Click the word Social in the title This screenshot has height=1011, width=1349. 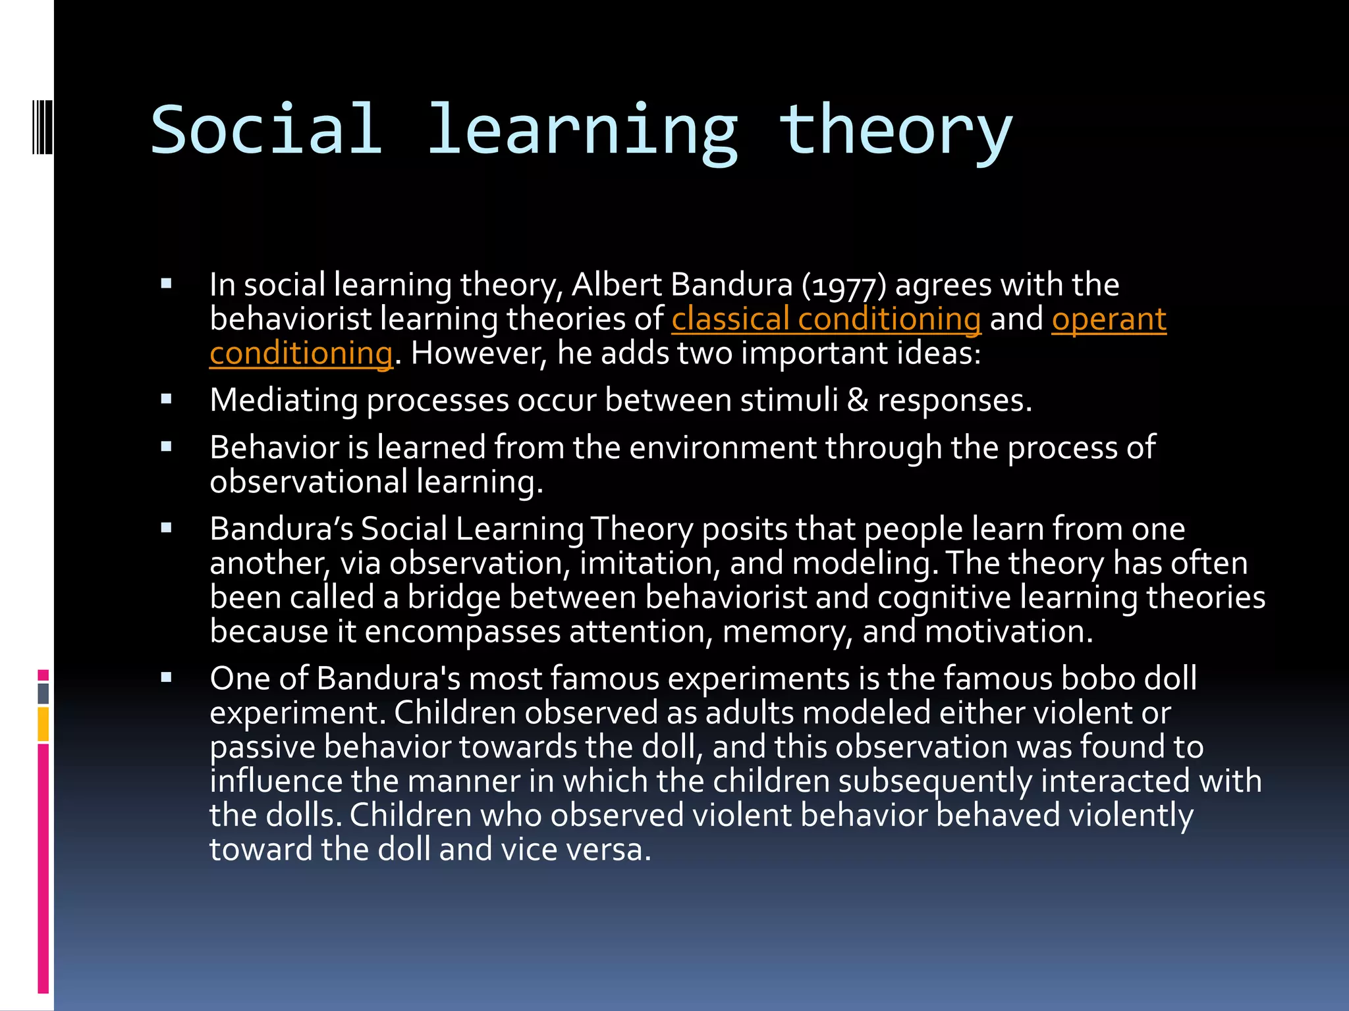[266, 130]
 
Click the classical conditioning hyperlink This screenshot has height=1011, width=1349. [826, 319]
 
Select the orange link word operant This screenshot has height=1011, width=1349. [1109, 319]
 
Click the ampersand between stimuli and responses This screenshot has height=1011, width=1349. [858, 400]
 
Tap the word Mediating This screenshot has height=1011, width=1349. [283, 400]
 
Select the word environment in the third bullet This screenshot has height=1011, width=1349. [723, 448]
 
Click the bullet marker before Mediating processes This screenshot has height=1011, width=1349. [166, 399]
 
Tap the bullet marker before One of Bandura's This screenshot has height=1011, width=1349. [166, 677]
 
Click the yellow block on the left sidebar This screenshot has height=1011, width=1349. [43, 724]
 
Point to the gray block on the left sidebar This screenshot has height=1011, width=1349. [43, 693]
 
